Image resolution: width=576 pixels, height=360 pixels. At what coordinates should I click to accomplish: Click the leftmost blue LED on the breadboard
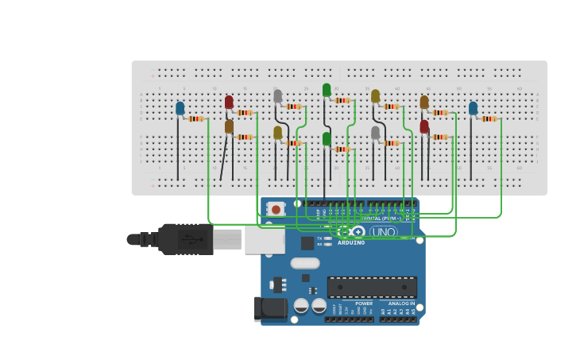[x=180, y=108]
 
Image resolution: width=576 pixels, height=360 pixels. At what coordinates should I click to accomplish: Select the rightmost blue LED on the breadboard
[x=474, y=108]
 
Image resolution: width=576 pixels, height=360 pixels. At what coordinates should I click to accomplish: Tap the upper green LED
[x=327, y=90]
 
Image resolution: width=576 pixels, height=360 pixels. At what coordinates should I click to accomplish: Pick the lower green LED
[x=327, y=139]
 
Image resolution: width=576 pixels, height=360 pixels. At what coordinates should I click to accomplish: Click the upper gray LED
[x=277, y=96]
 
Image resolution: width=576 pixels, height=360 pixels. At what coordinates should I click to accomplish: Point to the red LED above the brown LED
[x=229, y=102]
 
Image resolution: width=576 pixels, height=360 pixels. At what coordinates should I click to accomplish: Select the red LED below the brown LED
[x=424, y=126]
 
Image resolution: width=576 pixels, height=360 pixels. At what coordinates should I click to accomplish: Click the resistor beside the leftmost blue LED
[x=196, y=118]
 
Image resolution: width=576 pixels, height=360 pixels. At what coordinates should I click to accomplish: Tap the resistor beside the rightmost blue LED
[x=489, y=118]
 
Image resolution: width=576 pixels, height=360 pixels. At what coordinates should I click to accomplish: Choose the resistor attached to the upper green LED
[x=342, y=100]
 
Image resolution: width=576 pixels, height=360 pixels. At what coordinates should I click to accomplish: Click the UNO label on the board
[x=384, y=232]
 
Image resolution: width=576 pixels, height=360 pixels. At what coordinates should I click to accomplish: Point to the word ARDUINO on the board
[x=351, y=243]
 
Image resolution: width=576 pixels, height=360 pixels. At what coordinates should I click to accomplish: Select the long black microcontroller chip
[x=372, y=287]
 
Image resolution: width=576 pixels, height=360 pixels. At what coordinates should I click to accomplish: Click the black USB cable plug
[x=185, y=238]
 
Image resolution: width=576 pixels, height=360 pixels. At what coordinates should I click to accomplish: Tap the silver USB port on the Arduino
[x=265, y=239]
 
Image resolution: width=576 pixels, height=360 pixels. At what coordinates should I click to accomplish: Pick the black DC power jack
[x=270, y=309]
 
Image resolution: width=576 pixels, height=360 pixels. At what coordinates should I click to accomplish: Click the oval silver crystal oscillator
[x=305, y=263]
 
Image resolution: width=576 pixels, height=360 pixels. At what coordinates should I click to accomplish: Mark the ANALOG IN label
[x=401, y=304]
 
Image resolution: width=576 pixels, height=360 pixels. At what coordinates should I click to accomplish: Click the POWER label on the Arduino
[x=364, y=304]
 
